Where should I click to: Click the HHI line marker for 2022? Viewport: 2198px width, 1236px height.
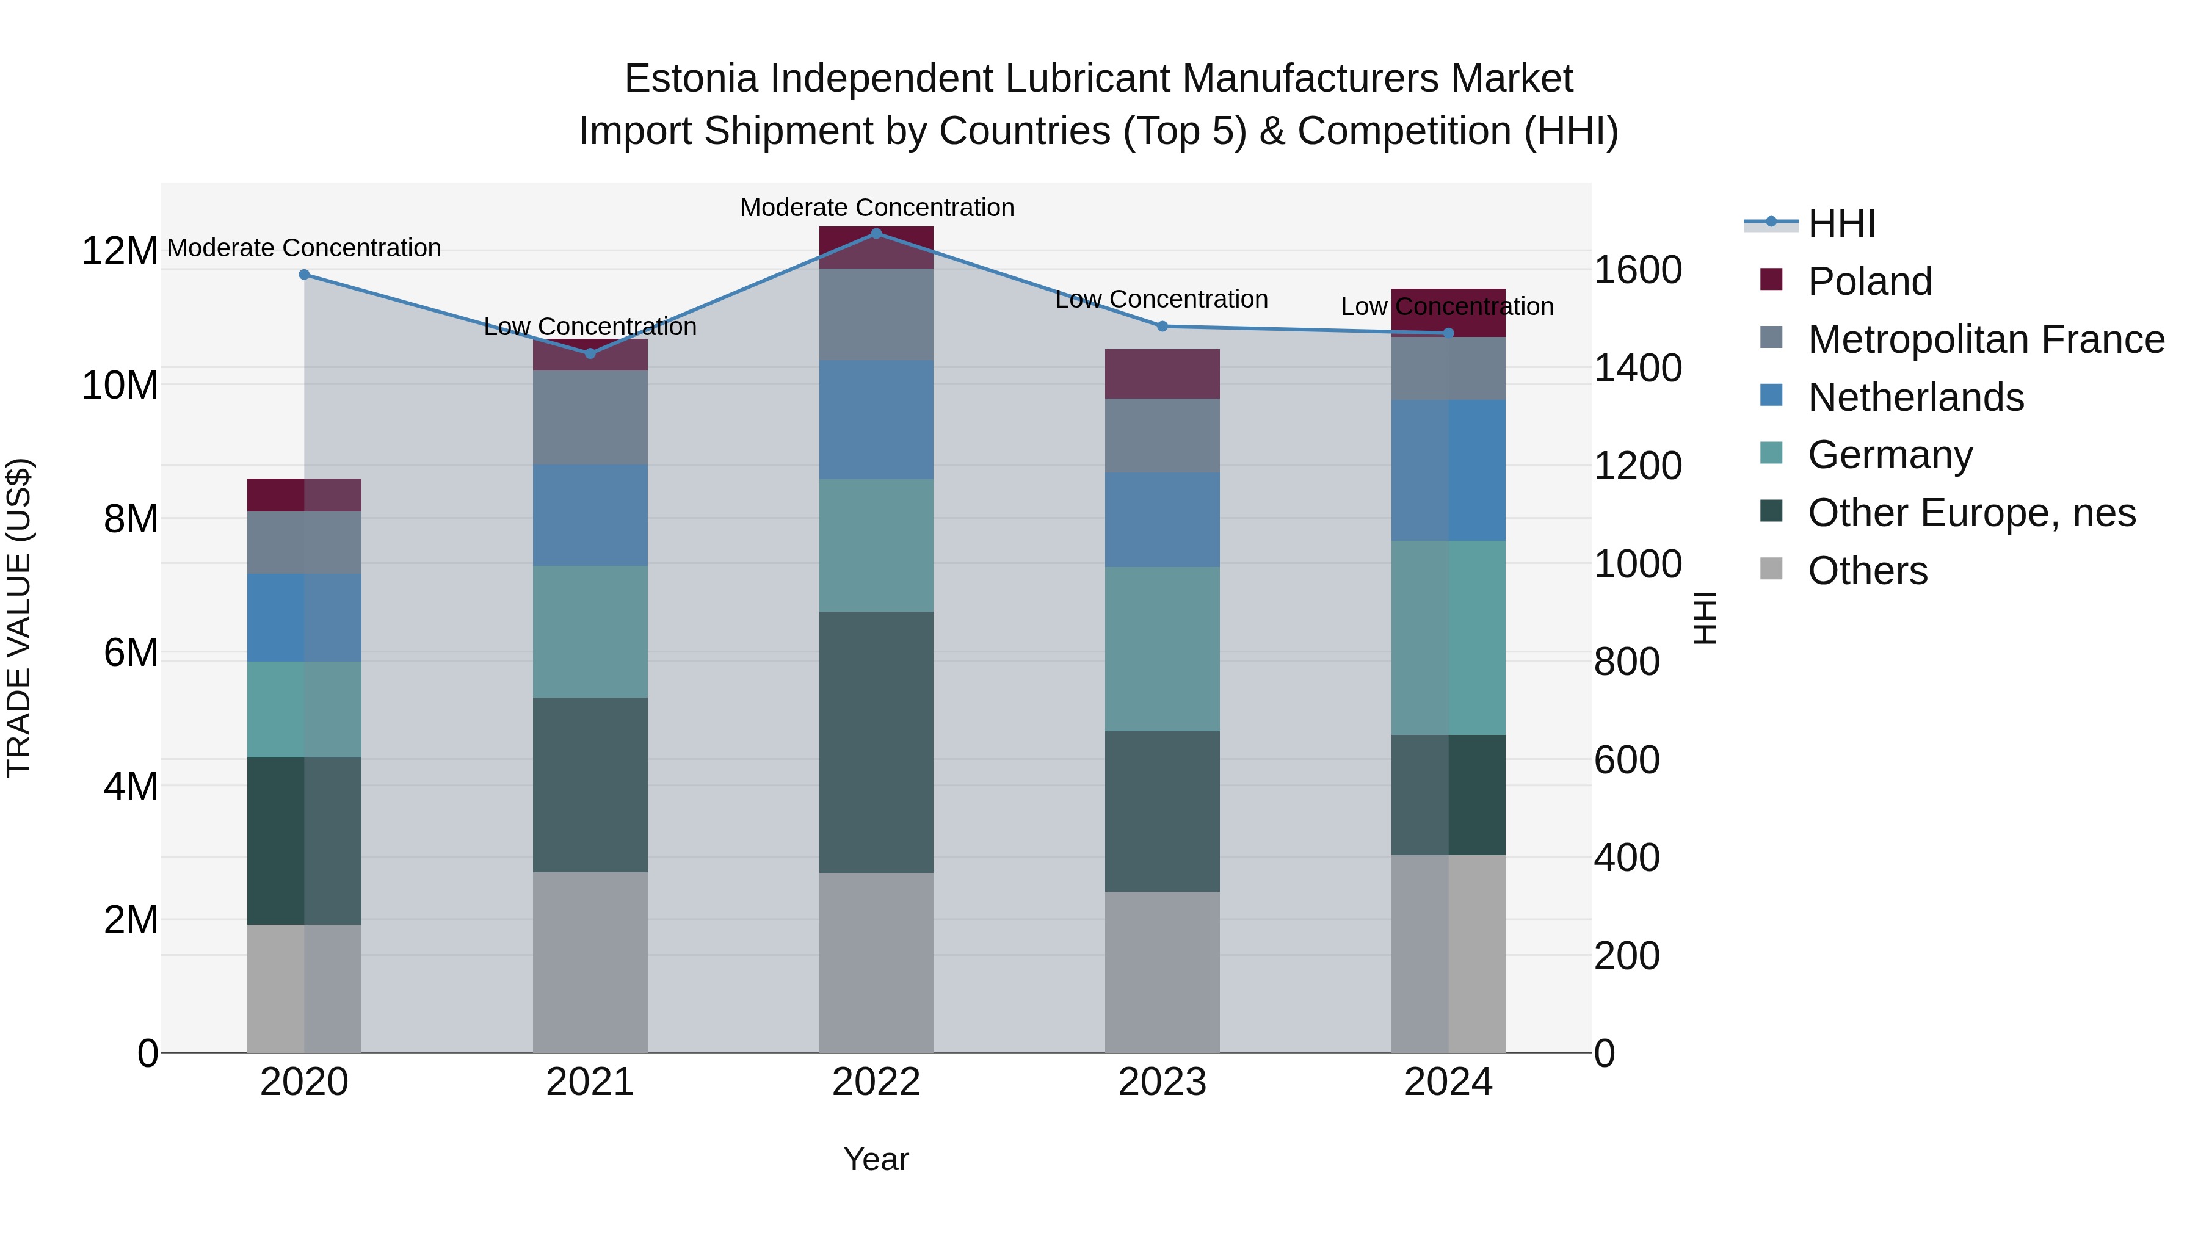(x=876, y=233)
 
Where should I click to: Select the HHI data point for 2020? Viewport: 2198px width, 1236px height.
(x=304, y=275)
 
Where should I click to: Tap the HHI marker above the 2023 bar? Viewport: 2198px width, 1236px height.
(x=1162, y=327)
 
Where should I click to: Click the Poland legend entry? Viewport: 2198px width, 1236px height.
(x=1869, y=281)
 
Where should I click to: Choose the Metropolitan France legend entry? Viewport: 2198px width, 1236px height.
(x=1985, y=339)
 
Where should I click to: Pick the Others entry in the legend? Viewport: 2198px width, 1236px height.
(x=1867, y=571)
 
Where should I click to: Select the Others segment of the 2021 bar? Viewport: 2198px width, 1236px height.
(x=590, y=961)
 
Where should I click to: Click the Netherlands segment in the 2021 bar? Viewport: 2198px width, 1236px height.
(x=590, y=515)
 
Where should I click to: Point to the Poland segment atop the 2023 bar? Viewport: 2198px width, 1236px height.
(x=1162, y=374)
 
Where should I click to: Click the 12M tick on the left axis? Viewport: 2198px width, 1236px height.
(x=120, y=251)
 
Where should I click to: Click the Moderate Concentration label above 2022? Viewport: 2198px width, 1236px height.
(x=876, y=208)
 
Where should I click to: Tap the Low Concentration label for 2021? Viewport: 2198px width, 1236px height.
(x=590, y=327)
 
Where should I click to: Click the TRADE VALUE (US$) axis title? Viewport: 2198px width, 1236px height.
(x=20, y=618)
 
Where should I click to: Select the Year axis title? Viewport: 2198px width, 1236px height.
(x=876, y=1159)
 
